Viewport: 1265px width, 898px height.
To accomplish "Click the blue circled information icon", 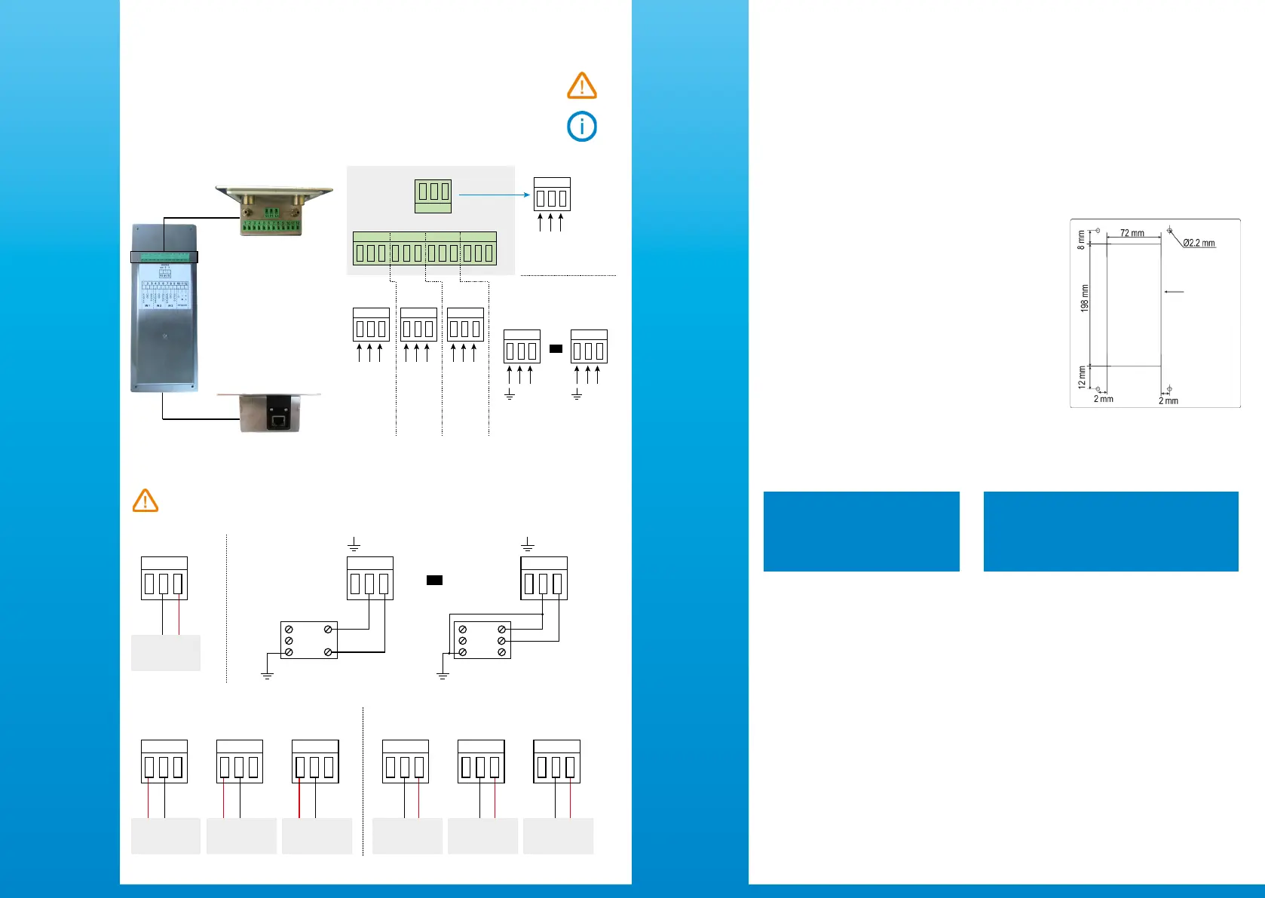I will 582,127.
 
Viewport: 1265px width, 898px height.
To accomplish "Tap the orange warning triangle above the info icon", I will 582,87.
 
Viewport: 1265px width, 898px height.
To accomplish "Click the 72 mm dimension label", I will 1132,234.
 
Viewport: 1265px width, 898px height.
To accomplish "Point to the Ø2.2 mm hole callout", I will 1198,244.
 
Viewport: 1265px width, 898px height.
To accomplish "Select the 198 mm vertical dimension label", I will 1085,298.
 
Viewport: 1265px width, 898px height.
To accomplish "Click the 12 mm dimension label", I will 1082,377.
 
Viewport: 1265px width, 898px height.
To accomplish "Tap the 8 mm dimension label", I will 1081,241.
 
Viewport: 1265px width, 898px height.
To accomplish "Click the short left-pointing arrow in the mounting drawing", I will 1175,292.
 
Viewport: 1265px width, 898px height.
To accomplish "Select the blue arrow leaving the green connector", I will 495,195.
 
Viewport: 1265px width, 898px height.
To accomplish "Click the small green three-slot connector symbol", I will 433,196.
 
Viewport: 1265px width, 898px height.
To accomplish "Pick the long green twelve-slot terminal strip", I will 424,249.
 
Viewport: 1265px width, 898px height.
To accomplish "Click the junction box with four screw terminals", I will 308,640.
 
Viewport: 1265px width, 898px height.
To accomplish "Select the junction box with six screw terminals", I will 482,640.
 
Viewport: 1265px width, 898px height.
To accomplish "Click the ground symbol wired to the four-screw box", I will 267,675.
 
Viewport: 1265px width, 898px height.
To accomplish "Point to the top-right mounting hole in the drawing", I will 1169,229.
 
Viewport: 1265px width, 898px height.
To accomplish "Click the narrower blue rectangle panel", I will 861,532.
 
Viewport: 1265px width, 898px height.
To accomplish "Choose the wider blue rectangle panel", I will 1110,532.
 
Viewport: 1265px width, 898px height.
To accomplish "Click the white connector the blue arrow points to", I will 552,195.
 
